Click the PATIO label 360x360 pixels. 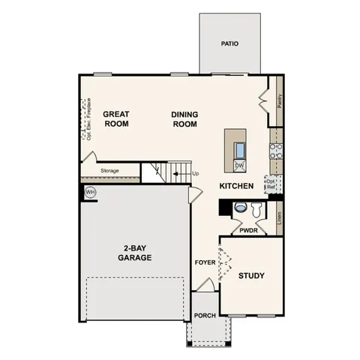pos(229,43)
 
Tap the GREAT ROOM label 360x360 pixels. pos(116,119)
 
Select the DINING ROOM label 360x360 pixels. pos(184,119)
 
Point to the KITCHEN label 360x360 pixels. pos(236,185)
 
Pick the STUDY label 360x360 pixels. pos(252,276)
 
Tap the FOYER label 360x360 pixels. pos(205,263)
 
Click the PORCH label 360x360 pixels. pos(205,316)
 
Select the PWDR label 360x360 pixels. pos(248,231)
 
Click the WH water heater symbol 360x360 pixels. pos(91,192)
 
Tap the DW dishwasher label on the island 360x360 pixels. pos(239,166)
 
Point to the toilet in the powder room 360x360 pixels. pos(241,208)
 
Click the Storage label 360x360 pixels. pos(109,171)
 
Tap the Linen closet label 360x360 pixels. pos(278,218)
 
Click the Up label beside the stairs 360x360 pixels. pos(196,175)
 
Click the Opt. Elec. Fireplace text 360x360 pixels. pos(88,120)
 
